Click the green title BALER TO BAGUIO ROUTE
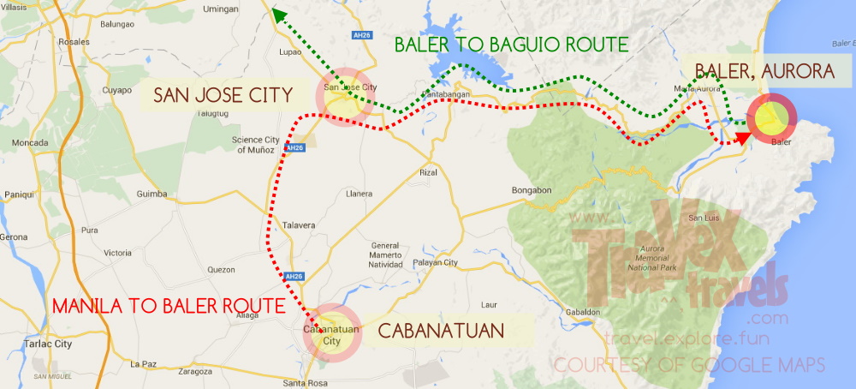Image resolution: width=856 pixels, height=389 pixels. pyautogui.click(x=511, y=44)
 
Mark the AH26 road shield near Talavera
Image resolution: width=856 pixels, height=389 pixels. pyautogui.click(x=294, y=276)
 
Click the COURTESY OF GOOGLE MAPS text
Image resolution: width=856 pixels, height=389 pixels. pyautogui.click(x=688, y=365)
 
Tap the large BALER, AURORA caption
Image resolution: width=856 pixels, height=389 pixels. pyautogui.click(x=764, y=72)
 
